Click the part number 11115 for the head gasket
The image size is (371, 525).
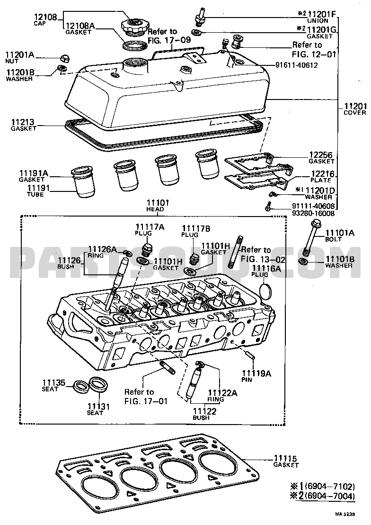[x=285, y=458]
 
